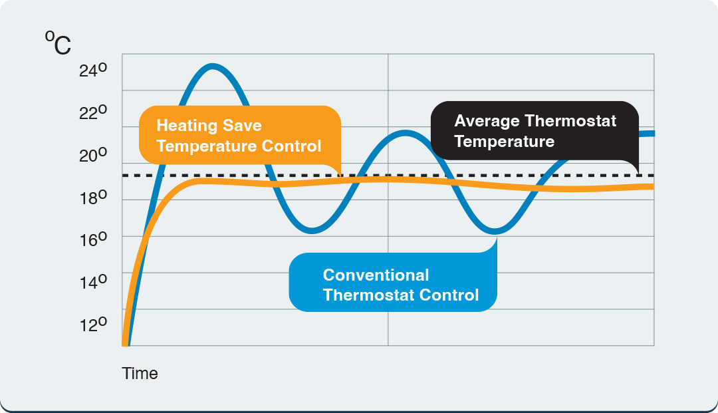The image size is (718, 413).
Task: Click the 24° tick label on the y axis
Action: pos(92,70)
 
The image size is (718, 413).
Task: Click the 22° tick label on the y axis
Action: pos(92,113)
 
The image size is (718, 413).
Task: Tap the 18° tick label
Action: pos(92,198)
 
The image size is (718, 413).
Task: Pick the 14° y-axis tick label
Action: pos(92,282)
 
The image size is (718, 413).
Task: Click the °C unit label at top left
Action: pos(58,45)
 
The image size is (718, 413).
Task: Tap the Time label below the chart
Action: pos(140,374)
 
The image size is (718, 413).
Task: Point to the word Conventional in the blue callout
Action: pos(376,275)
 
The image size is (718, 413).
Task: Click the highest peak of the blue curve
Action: pos(212,66)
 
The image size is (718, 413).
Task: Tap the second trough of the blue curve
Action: pos(495,231)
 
